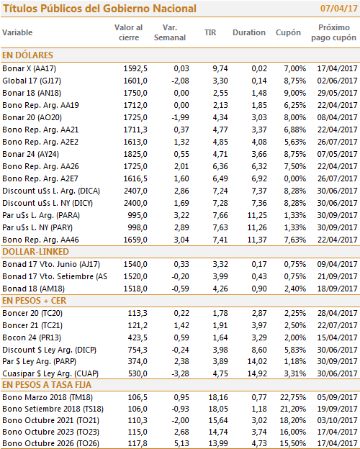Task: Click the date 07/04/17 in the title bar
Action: [338, 9]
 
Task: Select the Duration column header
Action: [249, 32]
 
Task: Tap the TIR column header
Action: [210, 32]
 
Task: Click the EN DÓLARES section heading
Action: [27, 55]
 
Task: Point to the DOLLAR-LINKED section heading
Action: [35, 252]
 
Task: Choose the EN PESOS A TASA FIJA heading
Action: [47, 385]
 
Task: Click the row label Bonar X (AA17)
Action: [29, 69]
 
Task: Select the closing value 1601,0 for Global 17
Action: [135, 81]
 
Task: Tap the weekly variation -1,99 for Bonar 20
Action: [180, 117]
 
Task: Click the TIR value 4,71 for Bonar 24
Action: [220, 154]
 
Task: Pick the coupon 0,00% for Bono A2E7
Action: [295, 178]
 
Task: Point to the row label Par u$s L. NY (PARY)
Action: [37, 227]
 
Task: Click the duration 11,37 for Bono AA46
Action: [257, 240]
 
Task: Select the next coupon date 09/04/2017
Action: [337, 264]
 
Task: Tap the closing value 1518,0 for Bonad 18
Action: [135, 289]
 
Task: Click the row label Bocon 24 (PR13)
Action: [32, 337]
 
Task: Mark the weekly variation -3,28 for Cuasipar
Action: [180, 373]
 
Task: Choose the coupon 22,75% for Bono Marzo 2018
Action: [293, 397]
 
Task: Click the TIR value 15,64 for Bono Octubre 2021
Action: [218, 420]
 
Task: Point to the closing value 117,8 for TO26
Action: [138, 443]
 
